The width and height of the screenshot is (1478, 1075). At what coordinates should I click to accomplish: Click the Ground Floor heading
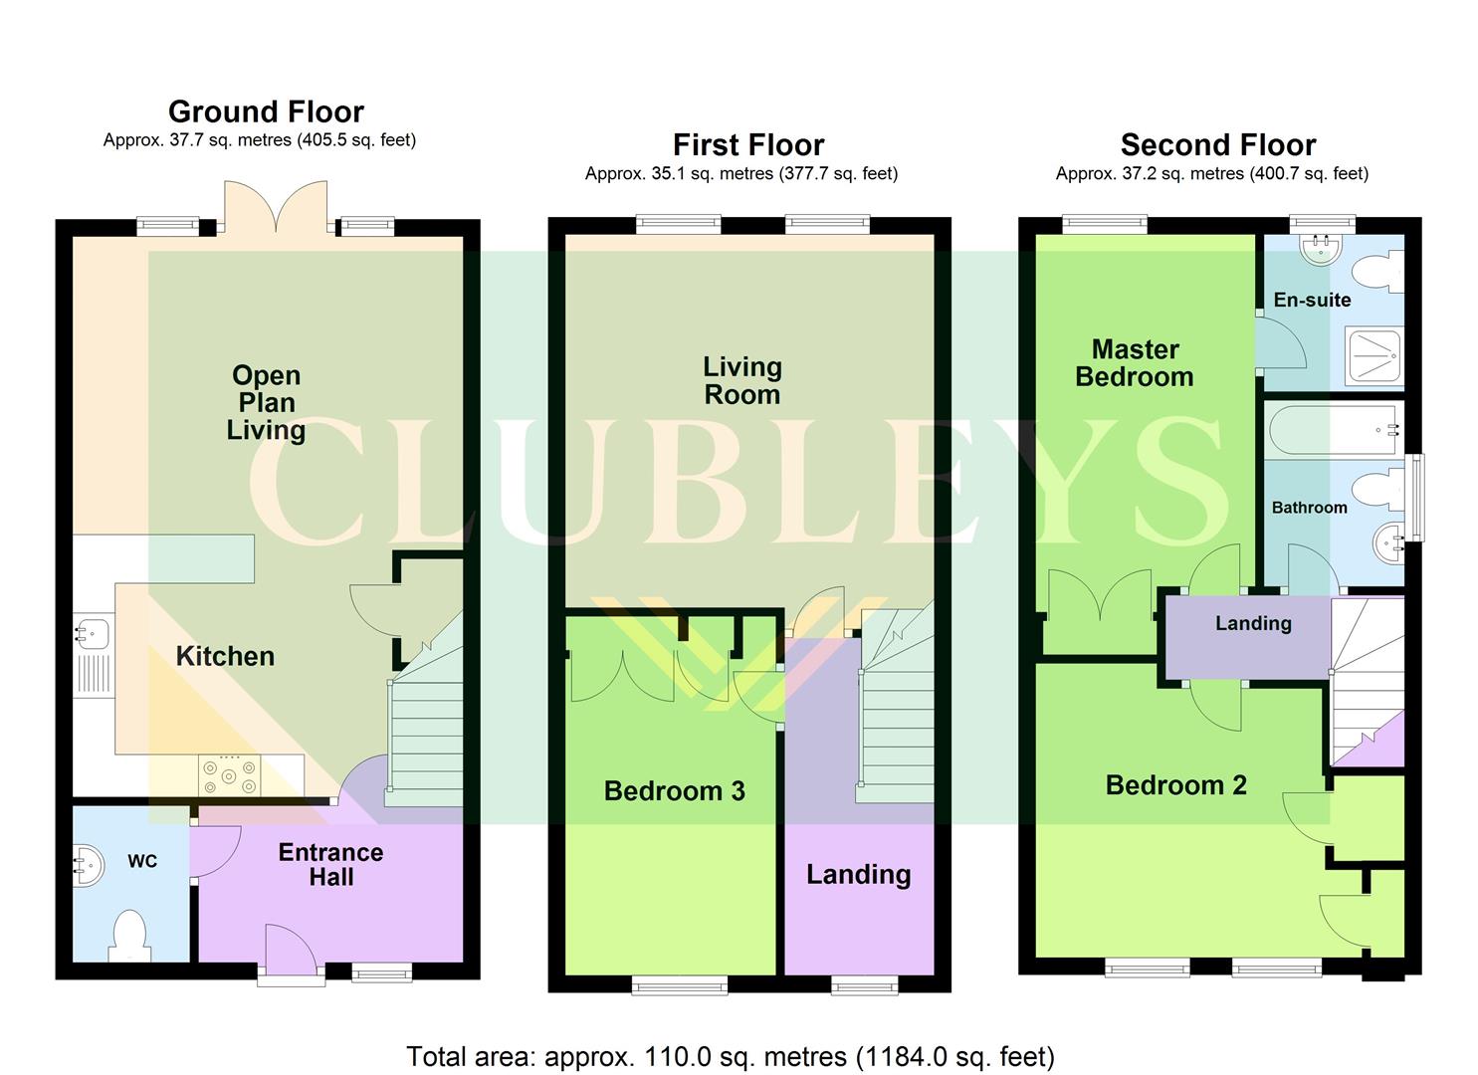266,111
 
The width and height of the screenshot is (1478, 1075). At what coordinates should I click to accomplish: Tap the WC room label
142,861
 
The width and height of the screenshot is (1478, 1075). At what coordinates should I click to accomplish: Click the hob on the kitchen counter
230,775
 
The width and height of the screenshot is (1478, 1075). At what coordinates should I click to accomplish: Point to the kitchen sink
93,633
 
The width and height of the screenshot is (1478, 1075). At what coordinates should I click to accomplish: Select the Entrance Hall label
330,865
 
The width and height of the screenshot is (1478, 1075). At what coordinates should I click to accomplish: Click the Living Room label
742,381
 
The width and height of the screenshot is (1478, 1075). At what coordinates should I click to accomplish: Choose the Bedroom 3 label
674,791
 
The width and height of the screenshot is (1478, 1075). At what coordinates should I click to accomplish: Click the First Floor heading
748,145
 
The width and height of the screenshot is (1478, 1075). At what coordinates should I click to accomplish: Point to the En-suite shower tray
1373,355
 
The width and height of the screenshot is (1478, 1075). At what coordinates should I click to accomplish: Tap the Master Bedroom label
1135,363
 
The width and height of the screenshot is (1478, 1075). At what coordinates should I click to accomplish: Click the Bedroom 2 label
1175,785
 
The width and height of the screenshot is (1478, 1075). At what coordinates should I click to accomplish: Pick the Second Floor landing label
1253,624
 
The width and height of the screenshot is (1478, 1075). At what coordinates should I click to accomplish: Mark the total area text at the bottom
731,1056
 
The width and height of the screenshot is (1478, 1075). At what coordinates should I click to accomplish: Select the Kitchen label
225,656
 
